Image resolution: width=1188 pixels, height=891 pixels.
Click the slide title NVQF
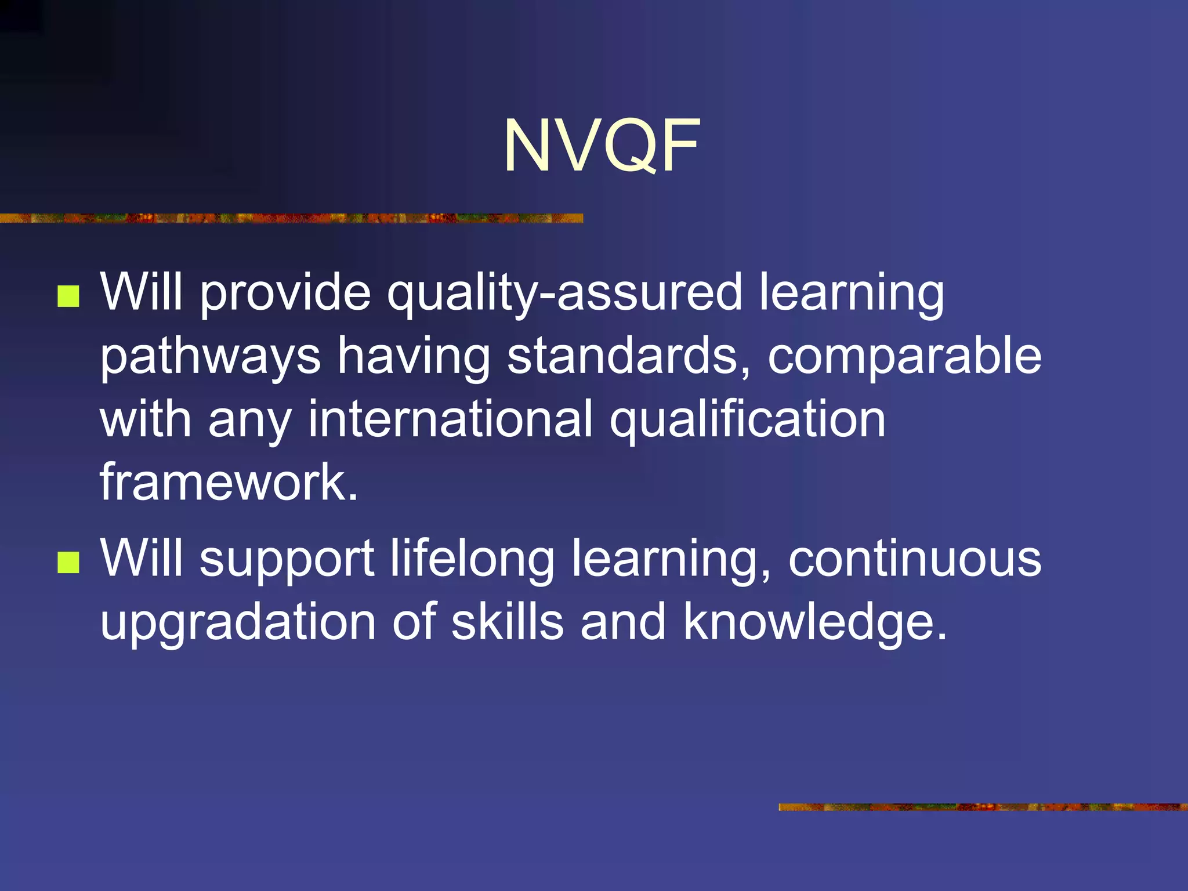(602, 146)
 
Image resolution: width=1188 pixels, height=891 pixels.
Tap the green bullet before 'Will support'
(68, 562)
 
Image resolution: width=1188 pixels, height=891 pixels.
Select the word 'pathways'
(211, 357)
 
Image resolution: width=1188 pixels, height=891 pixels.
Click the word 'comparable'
(904, 357)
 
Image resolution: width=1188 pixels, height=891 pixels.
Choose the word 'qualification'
(747, 420)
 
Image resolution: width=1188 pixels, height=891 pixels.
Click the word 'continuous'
(915, 558)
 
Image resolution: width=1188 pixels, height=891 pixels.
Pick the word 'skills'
(507, 621)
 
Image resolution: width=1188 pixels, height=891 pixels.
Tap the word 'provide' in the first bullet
(285, 293)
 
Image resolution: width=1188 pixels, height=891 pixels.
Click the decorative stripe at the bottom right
(983, 807)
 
